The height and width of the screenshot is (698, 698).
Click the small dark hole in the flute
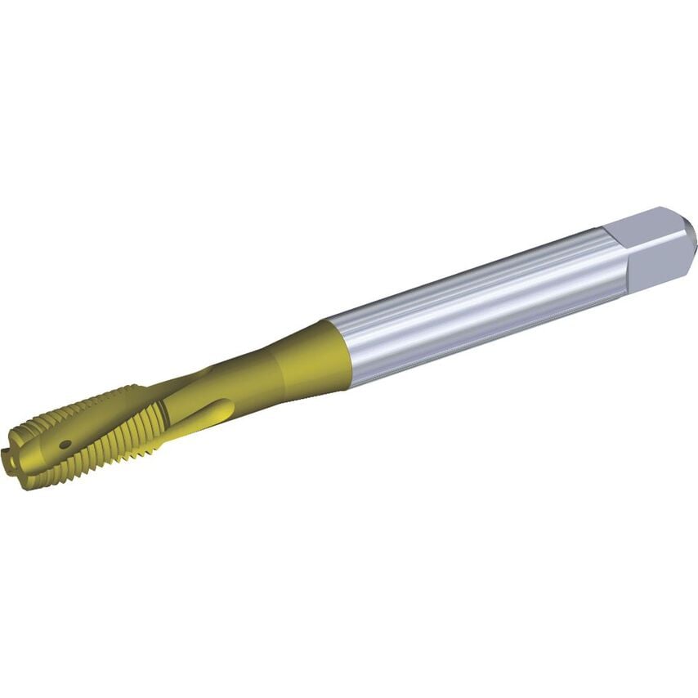[65, 445]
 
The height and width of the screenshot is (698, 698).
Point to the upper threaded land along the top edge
[98, 400]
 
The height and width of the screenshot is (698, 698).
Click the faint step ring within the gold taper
[282, 372]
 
